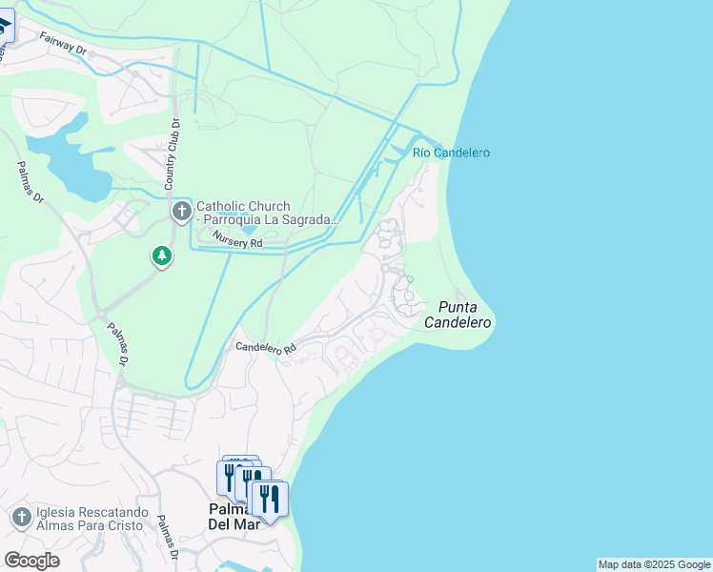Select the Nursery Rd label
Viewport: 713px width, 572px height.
click(237, 240)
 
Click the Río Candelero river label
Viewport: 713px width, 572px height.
click(451, 153)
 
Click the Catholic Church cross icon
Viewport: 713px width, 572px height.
click(181, 211)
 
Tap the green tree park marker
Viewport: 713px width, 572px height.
click(162, 255)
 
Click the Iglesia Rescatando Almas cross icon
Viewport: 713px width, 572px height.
click(21, 518)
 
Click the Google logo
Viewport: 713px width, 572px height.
click(31, 560)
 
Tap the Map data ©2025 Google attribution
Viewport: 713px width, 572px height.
click(654, 564)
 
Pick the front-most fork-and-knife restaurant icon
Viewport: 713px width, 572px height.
click(270, 498)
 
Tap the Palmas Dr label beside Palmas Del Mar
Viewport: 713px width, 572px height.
click(167, 538)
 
